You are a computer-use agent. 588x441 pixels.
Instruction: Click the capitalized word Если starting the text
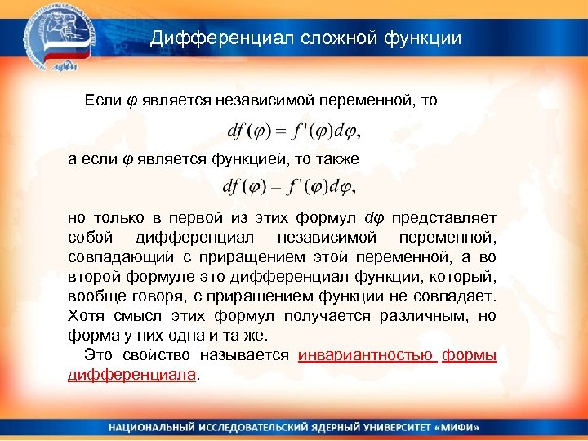(102, 100)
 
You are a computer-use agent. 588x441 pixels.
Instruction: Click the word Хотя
(87, 315)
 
